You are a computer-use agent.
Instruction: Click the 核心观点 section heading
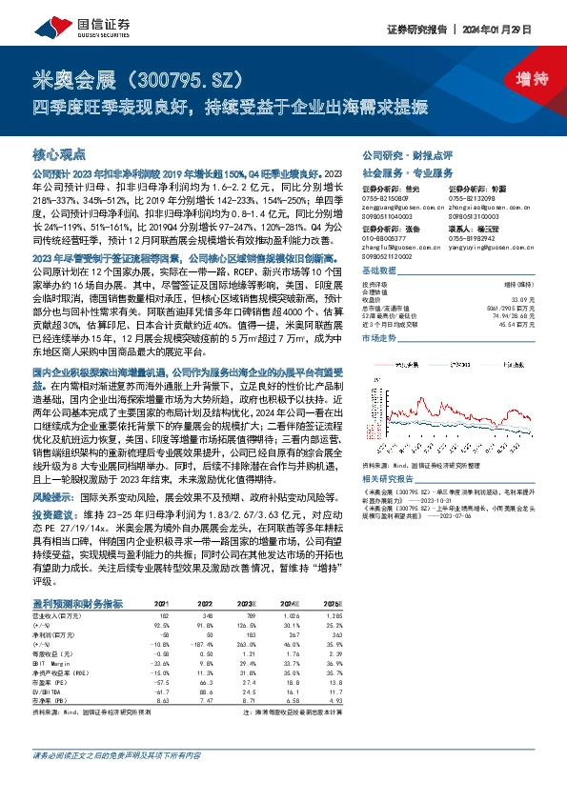click(x=59, y=152)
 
